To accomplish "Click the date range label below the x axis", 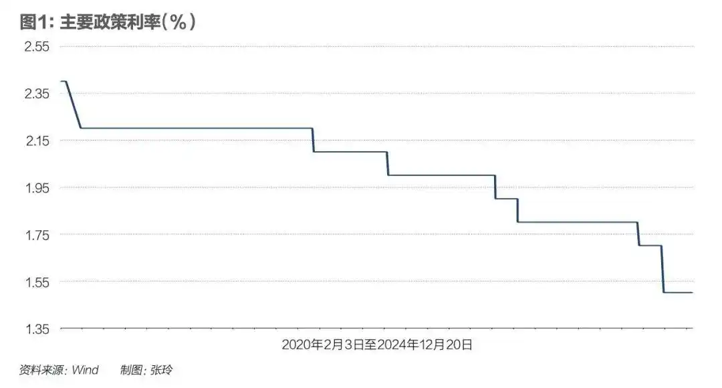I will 377,345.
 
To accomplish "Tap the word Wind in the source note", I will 85,370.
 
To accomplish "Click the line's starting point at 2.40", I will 63,81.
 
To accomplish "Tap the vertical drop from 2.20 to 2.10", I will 313,140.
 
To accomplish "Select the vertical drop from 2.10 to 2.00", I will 388,163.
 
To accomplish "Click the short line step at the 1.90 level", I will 506,199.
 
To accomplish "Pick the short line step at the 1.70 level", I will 650,246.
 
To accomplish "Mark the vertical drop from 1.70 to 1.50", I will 663,269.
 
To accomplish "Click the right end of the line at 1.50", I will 692,292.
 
